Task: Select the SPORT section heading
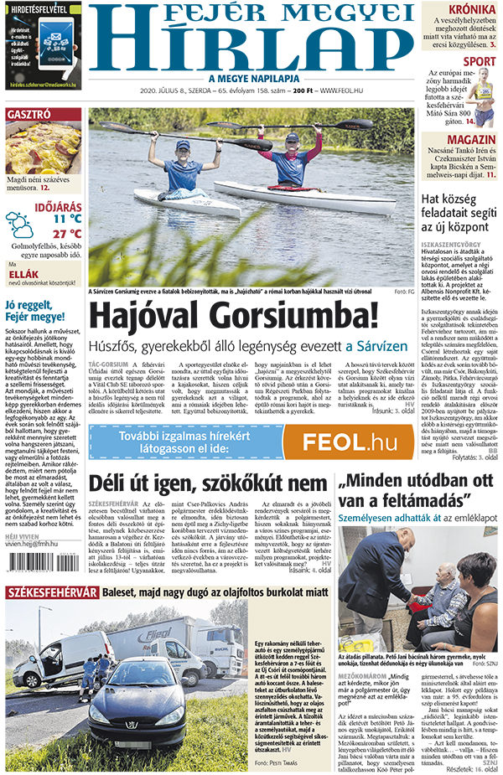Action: pos(480,61)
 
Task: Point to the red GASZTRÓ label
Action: pos(29,114)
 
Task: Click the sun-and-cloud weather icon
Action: pos(18,224)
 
